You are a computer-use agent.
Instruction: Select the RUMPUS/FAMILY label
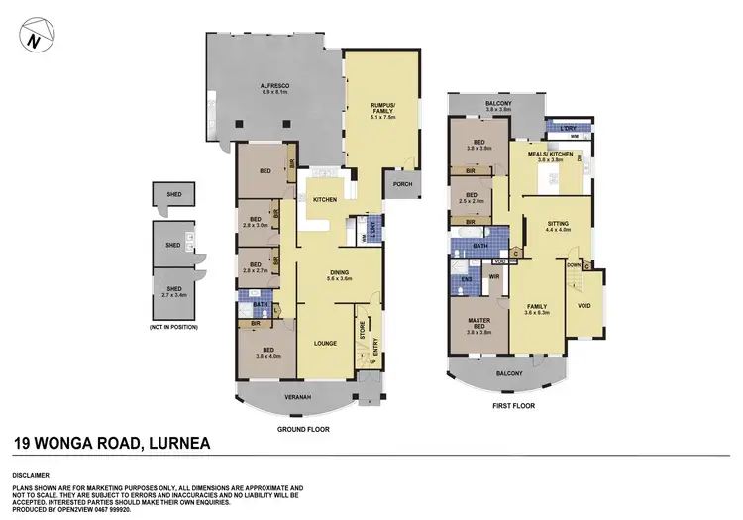(381, 109)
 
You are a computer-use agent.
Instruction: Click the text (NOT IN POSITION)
(173, 326)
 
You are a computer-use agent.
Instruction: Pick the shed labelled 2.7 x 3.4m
(173, 289)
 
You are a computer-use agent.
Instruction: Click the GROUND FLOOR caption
(304, 429)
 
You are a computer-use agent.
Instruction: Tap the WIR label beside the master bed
(492, 277)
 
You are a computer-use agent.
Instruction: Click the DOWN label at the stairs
(572, 264)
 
